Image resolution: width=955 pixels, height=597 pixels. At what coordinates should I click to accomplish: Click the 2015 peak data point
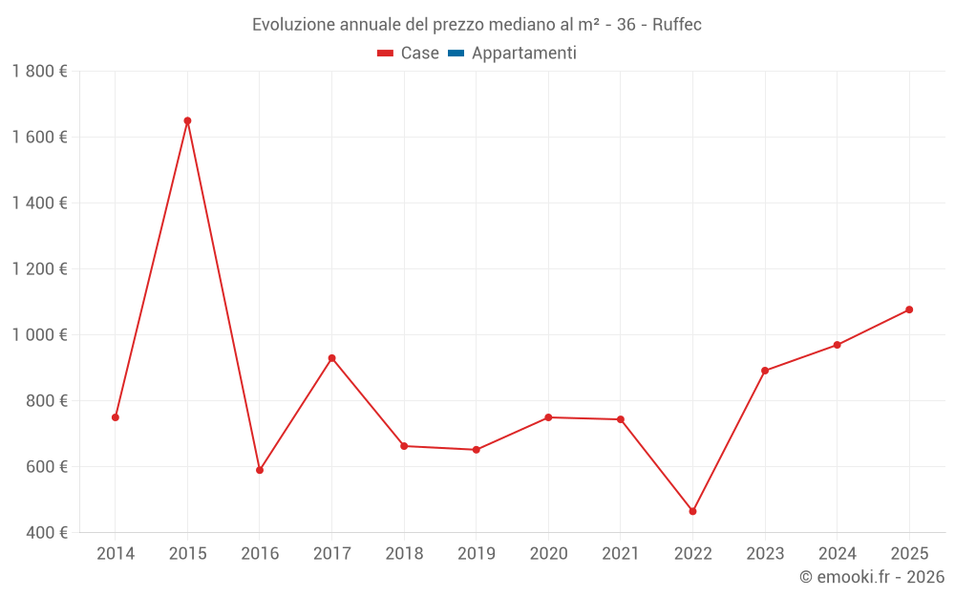pos(187,121)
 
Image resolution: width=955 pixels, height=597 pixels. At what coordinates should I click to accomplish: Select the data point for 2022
pos(693,512)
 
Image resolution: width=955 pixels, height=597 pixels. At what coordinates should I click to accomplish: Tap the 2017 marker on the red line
pos(331,358)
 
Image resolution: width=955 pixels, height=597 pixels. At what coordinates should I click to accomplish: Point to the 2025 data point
pos(909,309)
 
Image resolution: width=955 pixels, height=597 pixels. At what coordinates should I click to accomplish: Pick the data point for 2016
pos(260,470)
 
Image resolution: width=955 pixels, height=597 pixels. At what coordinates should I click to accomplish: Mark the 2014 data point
pos(116,417)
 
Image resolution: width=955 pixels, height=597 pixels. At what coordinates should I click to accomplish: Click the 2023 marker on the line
pos(765,371)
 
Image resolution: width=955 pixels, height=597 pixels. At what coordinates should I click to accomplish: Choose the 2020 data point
pos(548,417)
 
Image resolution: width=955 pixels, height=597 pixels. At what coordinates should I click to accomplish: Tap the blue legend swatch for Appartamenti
pos(456,53)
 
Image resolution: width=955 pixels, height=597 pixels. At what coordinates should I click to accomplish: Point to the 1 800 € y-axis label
pos(39,72)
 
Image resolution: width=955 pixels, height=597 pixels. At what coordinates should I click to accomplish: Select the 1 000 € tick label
pos(39,335)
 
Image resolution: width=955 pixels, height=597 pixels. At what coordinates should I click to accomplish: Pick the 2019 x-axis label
pos(477,554)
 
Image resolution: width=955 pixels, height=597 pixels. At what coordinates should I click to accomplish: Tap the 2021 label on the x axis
pos(621,554)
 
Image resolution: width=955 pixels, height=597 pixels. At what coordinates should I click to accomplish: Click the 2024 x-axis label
pos(837,554)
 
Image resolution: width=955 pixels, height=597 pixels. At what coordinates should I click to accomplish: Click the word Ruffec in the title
pos(677,25)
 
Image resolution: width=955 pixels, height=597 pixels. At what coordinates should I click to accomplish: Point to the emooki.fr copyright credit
pos(871,577)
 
